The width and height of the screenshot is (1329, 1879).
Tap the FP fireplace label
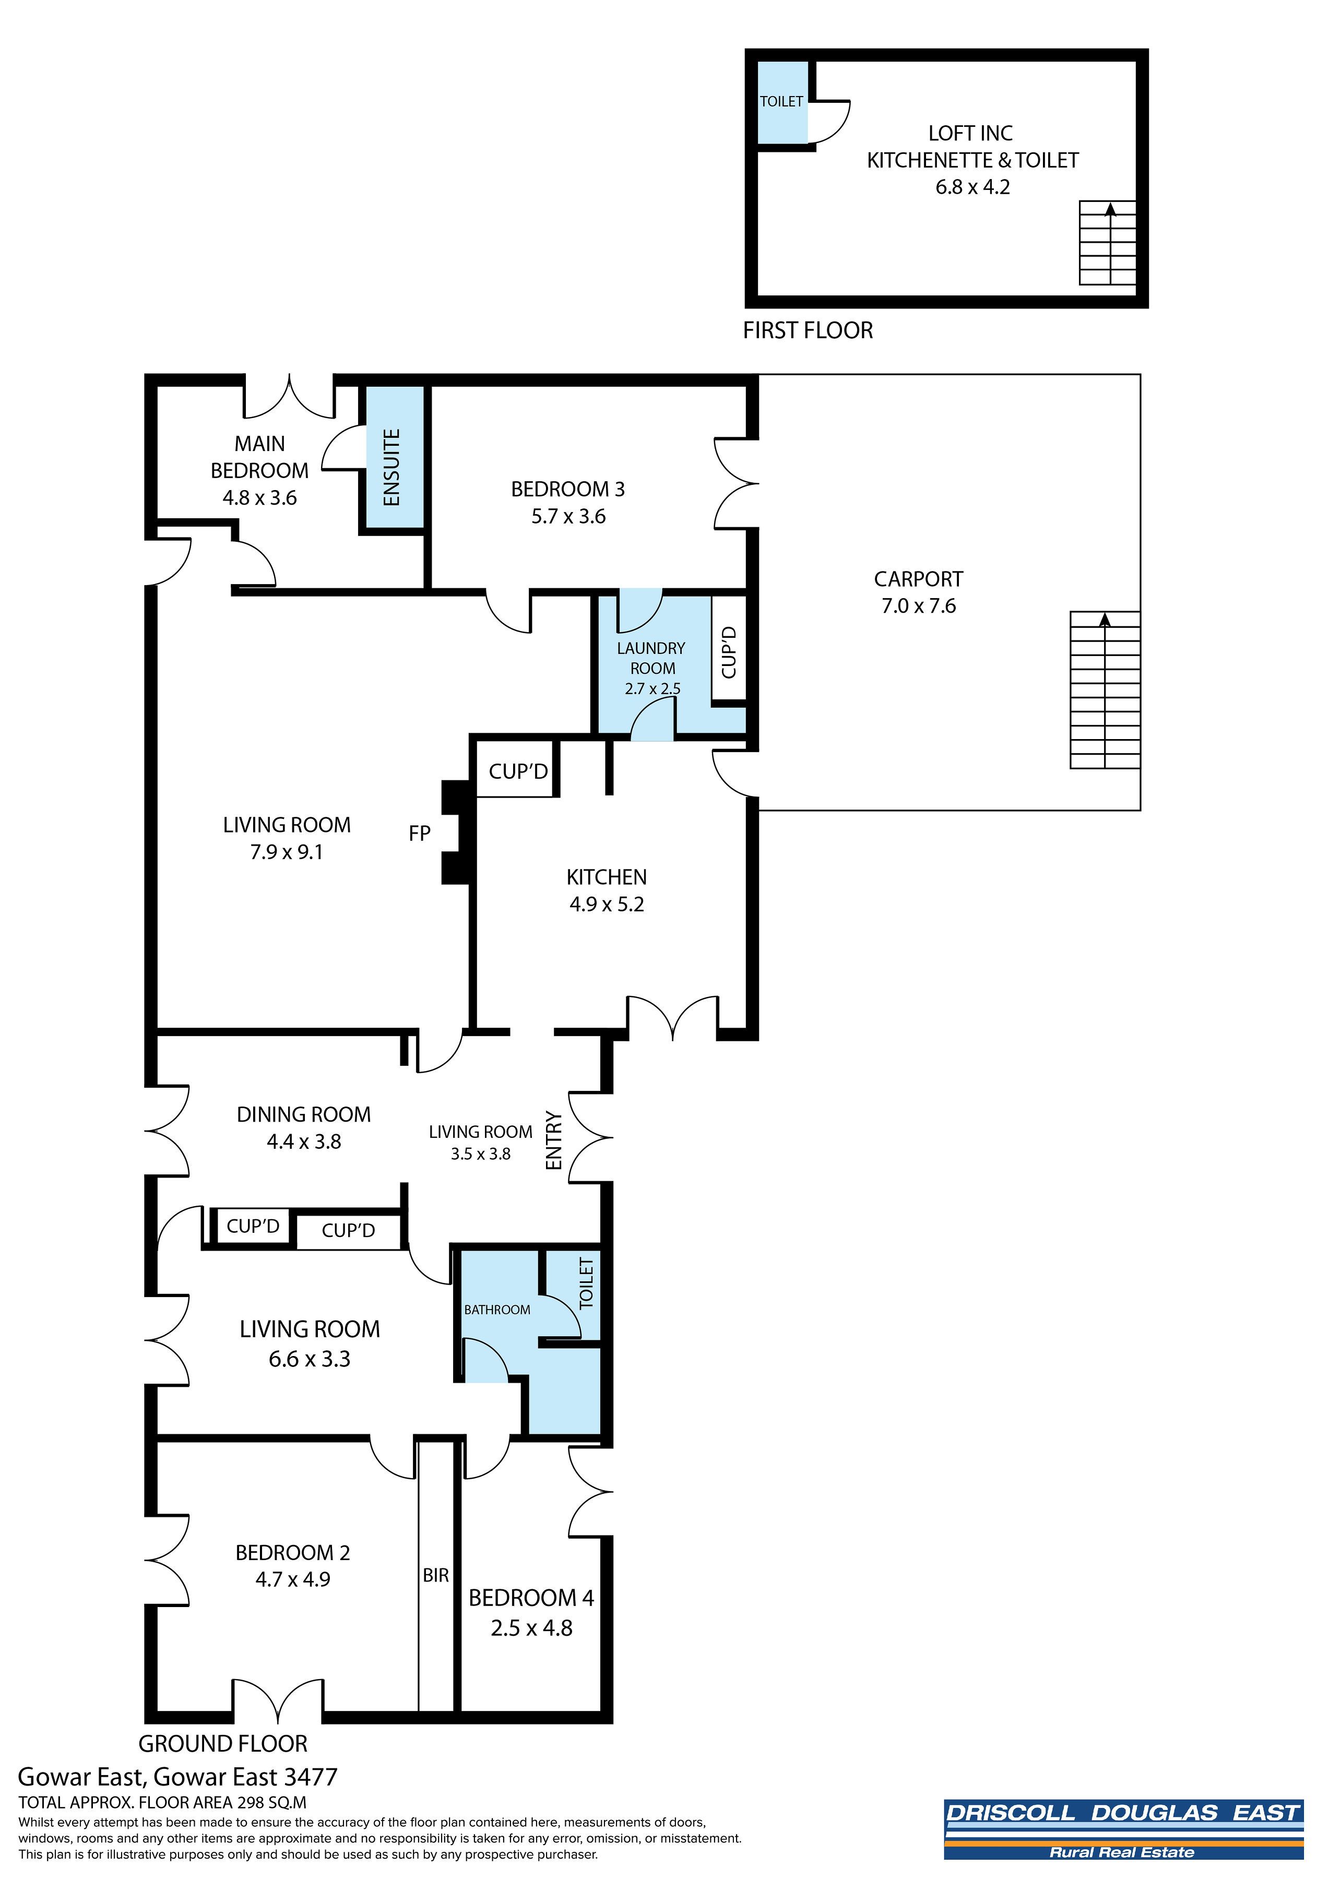(420, 833)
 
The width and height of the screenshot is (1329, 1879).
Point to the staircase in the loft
(1108, 242)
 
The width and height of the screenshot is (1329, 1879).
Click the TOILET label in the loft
(781, 101)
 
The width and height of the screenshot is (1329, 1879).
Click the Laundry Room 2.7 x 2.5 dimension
(652, 688)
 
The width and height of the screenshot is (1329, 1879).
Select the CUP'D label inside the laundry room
(729, 652)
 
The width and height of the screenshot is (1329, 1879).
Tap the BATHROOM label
(497, 1310)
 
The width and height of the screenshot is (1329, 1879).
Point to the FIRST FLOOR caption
(808, 330)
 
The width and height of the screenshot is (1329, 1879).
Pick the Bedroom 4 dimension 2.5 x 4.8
(532, 1628)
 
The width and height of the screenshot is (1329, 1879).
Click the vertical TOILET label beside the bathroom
(586, 1283)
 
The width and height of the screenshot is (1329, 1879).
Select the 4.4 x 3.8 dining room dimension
(304, 1141)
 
